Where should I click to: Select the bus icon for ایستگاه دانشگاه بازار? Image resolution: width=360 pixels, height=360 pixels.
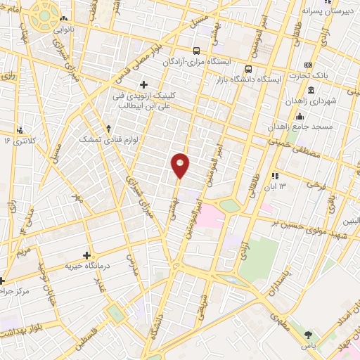click(x=249, y=70)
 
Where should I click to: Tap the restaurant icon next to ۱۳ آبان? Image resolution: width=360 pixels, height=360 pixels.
click(x=275, y=175)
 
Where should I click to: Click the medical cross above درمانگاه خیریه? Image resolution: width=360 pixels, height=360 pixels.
click(x=87, y=255)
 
